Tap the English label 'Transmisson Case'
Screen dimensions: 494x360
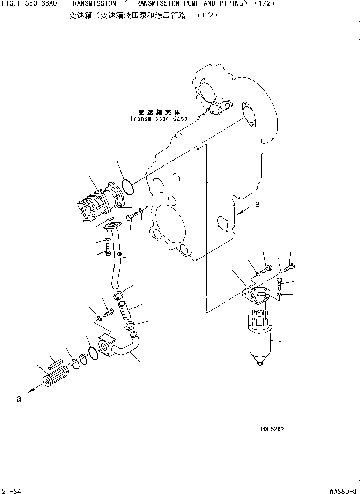coord(159,119)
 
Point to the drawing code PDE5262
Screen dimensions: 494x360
coord(272,429)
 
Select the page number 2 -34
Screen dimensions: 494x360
coord(11,491)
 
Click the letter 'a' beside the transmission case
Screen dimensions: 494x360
coord(257,204)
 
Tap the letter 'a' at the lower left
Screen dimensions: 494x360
coord(19,399)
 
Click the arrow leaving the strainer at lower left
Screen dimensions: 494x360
coord(33,388)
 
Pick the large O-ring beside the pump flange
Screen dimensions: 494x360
coord(128,186)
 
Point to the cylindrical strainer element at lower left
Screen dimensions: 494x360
coord(56,377)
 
